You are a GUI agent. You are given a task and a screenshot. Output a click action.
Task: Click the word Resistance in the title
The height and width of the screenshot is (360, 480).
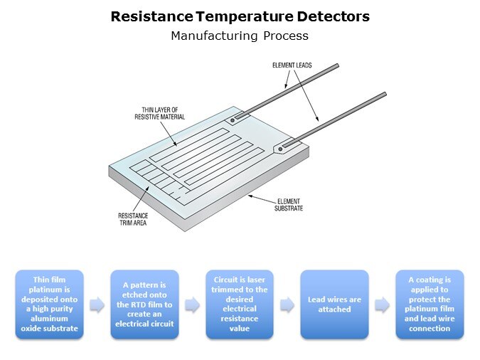(x=152, y=16)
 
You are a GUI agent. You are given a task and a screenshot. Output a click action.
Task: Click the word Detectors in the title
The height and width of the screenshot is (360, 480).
(x=333, y=16)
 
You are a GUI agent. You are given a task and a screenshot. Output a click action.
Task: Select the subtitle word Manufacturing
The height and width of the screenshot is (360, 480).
(x=214, y=36)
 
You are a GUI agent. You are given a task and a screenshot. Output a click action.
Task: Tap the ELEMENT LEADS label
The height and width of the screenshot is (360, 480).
(x=292, y=65)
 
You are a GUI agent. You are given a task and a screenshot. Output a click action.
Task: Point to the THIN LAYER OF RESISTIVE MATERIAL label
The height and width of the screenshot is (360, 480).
(x=160, y=113)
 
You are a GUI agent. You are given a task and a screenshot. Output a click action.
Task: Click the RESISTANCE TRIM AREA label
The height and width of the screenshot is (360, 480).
(x=133, y=219)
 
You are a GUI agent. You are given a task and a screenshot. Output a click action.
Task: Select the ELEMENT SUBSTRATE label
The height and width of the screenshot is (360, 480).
(x=289, y=205)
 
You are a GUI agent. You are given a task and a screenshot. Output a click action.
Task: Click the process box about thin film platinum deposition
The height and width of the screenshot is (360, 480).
(x=49, y=305)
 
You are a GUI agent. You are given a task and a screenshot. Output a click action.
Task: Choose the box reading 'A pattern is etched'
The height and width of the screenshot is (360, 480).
(x=144, y=305)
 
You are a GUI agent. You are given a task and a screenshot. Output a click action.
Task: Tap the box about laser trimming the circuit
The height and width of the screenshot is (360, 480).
(x=240, y=305)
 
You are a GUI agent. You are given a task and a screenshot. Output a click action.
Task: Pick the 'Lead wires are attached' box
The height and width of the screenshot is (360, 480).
(x=335, y=305)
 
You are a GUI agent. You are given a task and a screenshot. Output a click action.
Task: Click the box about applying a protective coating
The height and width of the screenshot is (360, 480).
(x=430, y=305)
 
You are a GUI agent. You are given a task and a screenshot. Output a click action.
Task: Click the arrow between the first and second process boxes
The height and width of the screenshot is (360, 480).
(x=97, y=305)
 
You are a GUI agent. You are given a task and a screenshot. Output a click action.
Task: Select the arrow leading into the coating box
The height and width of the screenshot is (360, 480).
(x=383, y=305)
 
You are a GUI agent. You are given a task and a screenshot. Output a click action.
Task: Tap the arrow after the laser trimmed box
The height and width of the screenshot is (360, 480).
(x=287, y=305)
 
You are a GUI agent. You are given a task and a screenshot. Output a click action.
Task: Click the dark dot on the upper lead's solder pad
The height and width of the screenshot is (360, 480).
(x=233, y=120)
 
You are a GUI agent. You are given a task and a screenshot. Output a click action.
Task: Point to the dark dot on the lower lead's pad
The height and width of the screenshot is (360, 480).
(x=280, y=149)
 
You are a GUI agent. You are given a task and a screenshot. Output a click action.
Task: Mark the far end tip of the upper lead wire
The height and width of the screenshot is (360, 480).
(x=338, y=65)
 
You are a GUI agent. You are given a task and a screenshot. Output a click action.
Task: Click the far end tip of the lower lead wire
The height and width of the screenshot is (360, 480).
(x=385, y=94)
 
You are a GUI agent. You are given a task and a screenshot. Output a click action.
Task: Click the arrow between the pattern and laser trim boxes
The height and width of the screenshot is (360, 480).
(x=192, y=305)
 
